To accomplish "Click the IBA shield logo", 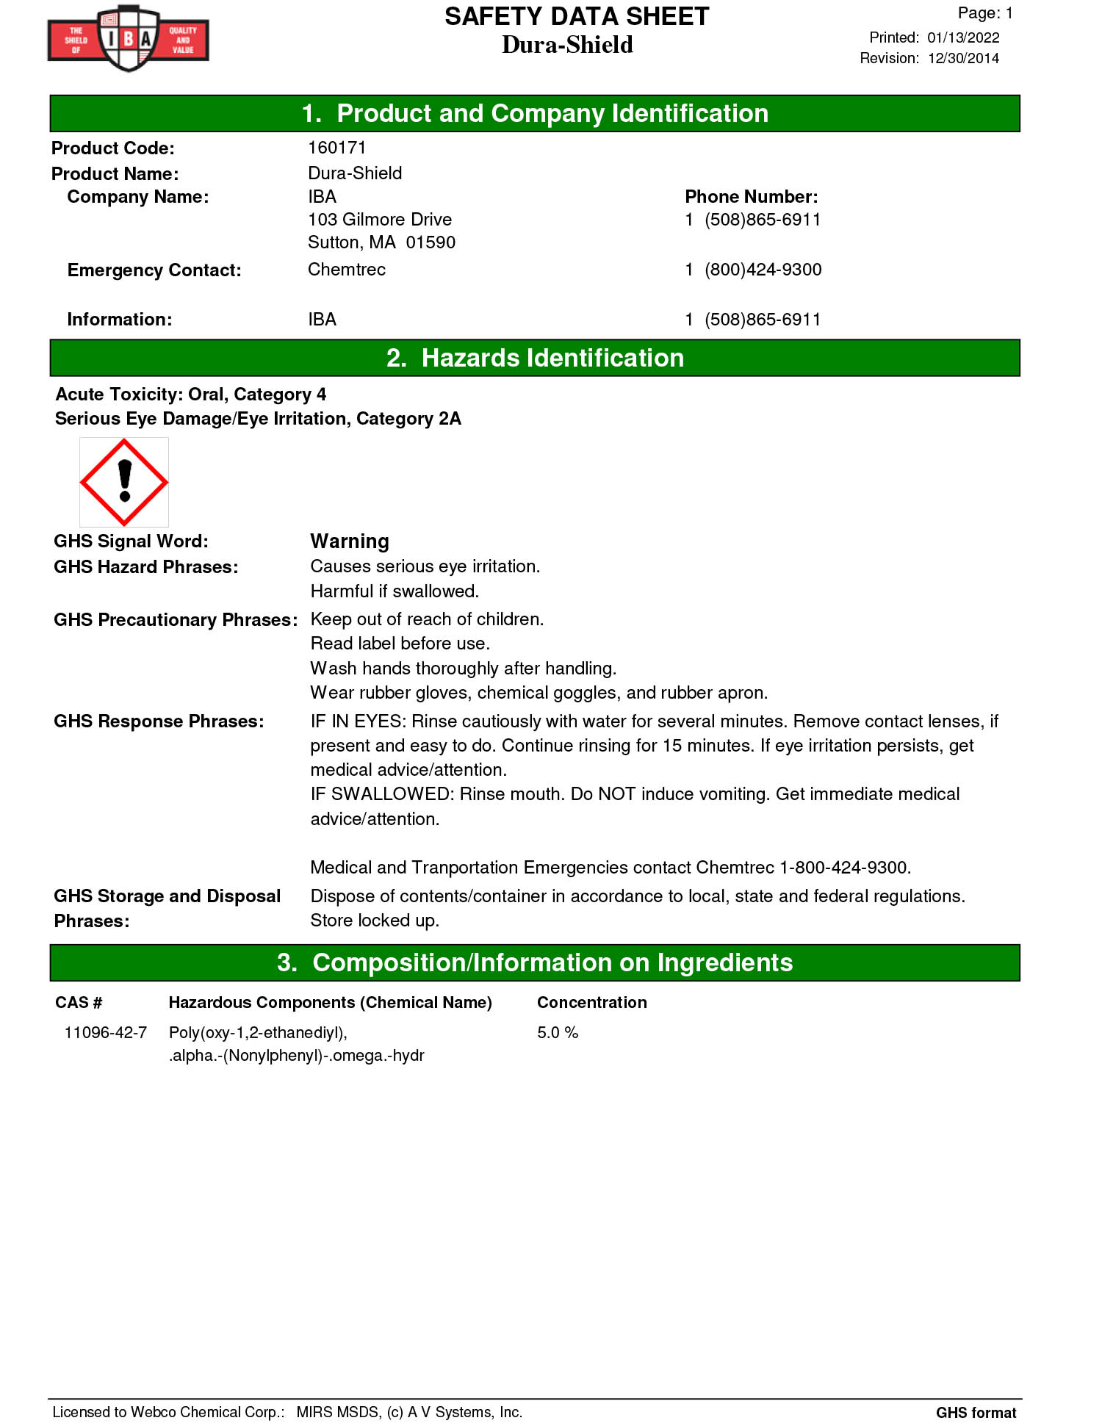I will [x=129, y=39].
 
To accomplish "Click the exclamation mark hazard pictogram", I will [x=124, y=482].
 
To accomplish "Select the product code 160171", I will [x=336, y=148].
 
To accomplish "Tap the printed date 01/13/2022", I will [x=962, y=37].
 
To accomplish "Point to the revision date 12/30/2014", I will [x=962, y=58].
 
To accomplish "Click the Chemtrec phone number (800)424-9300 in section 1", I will [x=763, y=270].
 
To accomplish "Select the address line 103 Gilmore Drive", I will [x=380, y=220].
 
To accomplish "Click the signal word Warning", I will [x=350, y=541].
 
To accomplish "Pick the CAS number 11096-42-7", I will [x=105, y=1032].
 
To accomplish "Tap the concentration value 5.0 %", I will [x=558, y=1032].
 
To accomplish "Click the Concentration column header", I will [x=591, y=1002].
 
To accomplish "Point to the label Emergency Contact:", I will [x=154, y=270].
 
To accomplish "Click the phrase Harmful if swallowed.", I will [x=395, y=591].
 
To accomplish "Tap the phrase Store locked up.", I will [x=375, y=921].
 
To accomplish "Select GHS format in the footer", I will [x=976, y=1412].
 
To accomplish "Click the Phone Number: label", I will [x=751, y=197].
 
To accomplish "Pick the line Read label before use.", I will [x=400, y=644].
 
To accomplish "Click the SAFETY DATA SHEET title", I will [x=577, y=17].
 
